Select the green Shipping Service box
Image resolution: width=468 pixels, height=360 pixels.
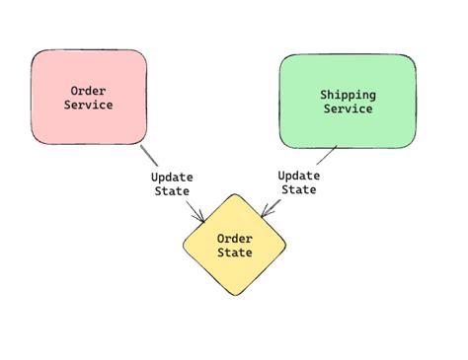pos(347,102)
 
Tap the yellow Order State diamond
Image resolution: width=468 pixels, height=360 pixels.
pos(234,245)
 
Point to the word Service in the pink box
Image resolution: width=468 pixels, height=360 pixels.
pos(89,104)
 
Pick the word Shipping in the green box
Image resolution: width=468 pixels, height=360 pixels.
pos(348,95)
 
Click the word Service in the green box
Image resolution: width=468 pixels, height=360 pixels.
pos(348,109)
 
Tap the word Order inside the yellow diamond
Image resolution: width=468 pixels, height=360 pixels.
pos(235,238)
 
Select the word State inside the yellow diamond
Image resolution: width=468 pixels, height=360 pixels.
pos(235,252)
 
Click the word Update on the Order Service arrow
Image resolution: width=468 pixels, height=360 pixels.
pos(172,178)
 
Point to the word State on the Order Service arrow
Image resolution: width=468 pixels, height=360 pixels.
pos(172,191)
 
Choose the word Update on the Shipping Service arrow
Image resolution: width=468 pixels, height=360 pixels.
pos(298,175)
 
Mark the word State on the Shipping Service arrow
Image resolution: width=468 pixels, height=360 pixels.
pos(298,189)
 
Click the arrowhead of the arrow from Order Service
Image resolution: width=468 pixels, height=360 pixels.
pos(201,219)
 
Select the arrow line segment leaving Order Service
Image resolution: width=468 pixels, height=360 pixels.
pos(149,156)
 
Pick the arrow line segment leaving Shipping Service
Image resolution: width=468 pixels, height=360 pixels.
pos(328,154)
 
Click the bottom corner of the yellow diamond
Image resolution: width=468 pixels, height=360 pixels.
pos(235,295)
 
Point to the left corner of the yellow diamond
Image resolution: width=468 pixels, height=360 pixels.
pos(184,245)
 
